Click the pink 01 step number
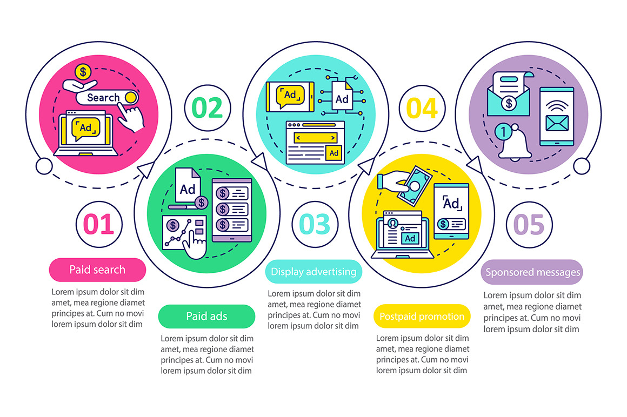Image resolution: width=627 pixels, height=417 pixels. (x=99, y=224)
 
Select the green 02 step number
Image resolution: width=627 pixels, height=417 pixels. (x=207, y=108)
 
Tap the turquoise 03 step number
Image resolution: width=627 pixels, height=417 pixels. (x=315, y=224)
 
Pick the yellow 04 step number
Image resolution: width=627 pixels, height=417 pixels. (x=422, y=108)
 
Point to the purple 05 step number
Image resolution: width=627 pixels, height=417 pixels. (x=529, y=225)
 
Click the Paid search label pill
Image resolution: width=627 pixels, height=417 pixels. (x=98, y=270)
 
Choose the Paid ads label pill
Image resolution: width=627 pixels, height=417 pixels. (x=206, y=317)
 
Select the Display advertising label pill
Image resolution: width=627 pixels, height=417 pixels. (x=313, y=272)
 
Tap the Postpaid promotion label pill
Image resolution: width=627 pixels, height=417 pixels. (x=422, y=317)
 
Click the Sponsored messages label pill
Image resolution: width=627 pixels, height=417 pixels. (x=532, y=272)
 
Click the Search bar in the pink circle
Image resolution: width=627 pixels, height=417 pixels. (x=107, y=97)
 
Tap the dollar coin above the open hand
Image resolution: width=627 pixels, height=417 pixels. (x=83, y=72)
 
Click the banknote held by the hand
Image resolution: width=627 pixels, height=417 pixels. (x=415, y=186)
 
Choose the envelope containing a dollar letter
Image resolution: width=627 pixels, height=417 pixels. (x=509, y=95)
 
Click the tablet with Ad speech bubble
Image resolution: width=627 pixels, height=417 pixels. (x=290, y=97)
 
